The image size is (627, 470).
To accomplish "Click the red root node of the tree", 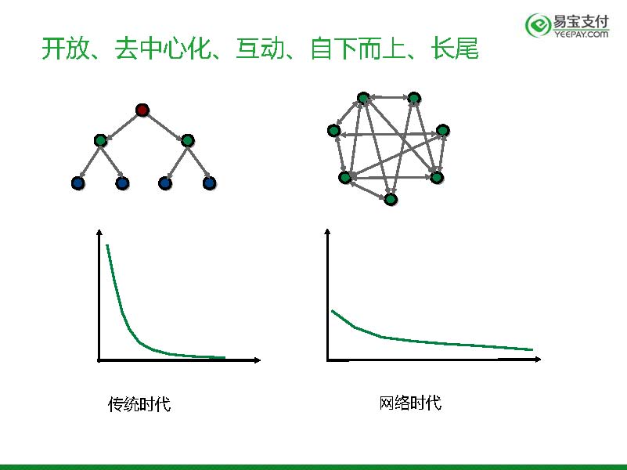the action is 142,110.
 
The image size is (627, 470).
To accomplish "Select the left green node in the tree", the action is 100,140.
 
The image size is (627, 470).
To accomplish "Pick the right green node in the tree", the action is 188,140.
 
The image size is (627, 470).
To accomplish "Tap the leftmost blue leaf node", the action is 78,183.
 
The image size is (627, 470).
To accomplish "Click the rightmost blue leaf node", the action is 210,183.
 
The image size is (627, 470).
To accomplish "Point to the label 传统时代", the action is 139,404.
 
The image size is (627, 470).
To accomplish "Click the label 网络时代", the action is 410,403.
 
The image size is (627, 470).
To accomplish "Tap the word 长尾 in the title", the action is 455,49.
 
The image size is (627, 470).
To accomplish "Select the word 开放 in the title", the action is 66,49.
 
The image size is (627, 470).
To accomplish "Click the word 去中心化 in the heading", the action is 163,49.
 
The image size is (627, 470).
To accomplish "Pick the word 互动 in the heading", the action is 261,49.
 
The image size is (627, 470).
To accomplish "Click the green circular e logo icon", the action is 538,25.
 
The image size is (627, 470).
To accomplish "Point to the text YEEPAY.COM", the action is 581,34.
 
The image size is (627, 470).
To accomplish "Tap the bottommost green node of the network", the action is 391,199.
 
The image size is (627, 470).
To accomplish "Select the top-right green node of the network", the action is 414,98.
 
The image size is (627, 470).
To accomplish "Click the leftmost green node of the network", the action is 334,130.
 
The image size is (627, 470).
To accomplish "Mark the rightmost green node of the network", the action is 443,130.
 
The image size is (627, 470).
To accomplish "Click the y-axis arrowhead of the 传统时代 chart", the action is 99,233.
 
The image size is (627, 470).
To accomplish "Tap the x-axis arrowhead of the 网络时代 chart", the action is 538,360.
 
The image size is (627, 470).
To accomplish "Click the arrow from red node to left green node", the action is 121,125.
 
